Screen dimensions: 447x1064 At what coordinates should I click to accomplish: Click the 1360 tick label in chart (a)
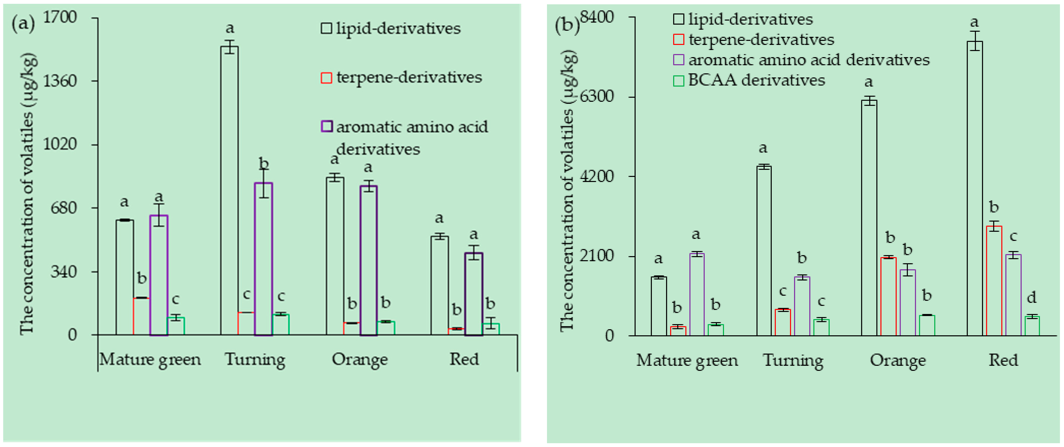(60, 81)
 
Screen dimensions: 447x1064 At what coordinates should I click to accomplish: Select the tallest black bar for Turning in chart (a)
(229, 190)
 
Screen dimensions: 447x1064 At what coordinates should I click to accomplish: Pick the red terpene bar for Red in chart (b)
(994, 281)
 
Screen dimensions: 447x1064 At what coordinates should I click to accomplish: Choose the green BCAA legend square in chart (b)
(678, 80)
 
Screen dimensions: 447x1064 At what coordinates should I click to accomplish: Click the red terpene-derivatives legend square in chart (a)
(326, 78)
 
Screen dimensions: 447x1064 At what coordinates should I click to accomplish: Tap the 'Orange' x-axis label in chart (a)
(359, 359)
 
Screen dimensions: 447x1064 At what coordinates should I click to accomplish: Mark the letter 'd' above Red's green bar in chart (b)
(1031, 297)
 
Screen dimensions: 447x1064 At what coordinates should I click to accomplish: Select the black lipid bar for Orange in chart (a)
(335, 256)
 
